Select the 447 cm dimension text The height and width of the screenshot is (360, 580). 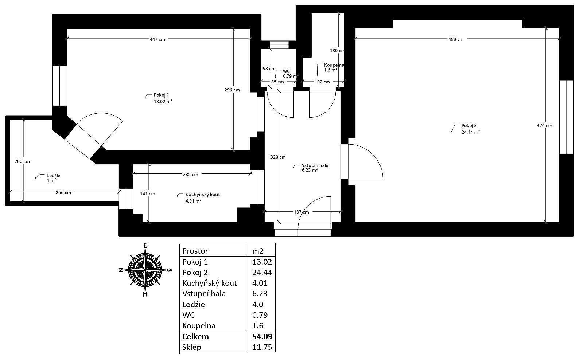point(157,39)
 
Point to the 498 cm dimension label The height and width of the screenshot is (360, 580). point(456,39)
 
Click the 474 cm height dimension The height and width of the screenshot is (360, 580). point(544,126)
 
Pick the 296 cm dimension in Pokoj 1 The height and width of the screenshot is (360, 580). point(232,90)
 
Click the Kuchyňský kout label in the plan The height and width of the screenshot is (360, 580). point(202,195)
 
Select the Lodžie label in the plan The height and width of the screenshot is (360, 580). point(53,175)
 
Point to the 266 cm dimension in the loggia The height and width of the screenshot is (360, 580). point(63,193)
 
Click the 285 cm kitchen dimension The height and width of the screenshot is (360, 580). point(190,175)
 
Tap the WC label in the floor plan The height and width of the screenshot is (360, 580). point(286,71)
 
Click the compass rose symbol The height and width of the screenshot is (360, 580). point(145,270)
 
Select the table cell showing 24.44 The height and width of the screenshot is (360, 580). point(262,272)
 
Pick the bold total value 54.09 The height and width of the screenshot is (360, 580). point(262,336)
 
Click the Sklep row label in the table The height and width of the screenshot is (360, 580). point(191,347)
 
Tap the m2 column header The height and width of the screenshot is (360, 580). point(258,251)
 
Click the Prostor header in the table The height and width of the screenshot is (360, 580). point(195,251)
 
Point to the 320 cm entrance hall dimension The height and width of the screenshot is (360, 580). point(278,157)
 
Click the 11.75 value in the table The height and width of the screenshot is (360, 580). point(262,347)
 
